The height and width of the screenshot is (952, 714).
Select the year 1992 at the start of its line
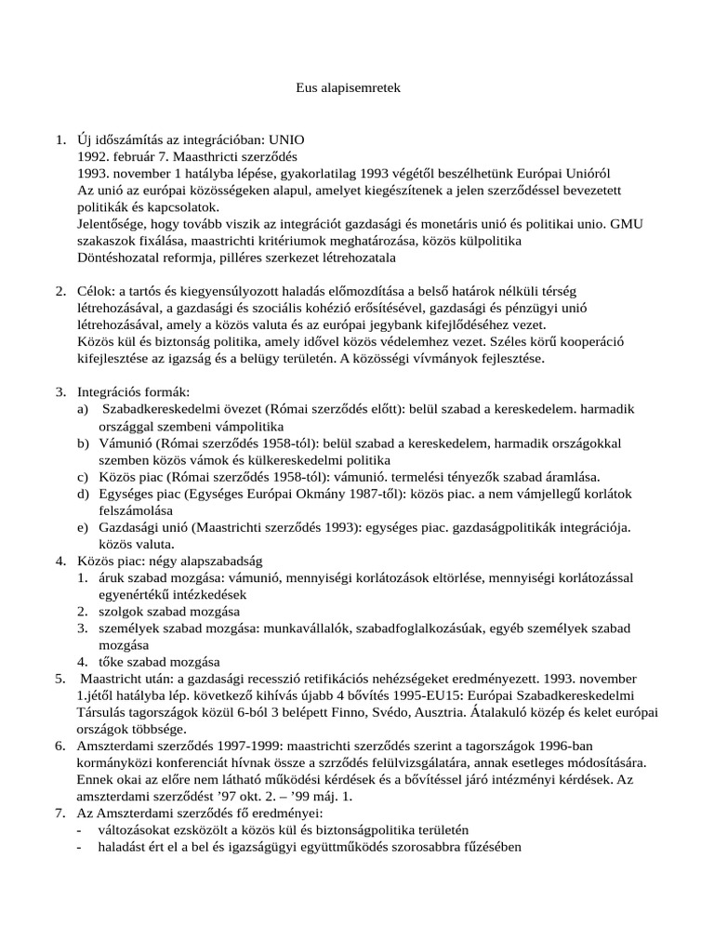click(94, 157)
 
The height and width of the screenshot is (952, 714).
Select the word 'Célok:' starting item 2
click(97, 291)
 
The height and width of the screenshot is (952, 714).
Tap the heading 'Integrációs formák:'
click(134, 392)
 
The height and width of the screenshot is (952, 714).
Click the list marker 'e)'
click(84, 527)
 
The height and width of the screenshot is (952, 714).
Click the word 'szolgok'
click(122, 611)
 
